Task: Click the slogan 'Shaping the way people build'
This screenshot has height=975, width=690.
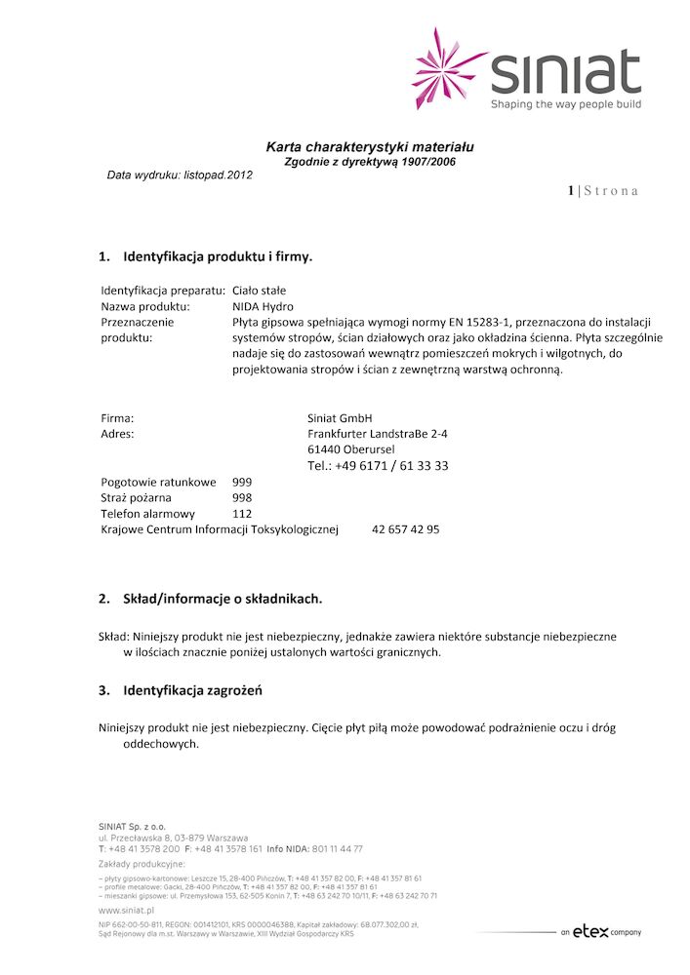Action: (x=566, y=103)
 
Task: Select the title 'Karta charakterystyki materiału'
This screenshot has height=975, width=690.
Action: (x=370, y=147)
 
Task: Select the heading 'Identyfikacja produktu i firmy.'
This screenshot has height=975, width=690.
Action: (x=217, y=258)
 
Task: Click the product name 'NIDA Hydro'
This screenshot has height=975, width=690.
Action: (x=264, y=306)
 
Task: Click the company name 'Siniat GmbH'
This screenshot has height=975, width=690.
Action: (x=340, y=417)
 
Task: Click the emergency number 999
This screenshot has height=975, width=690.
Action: (x=242, y=482)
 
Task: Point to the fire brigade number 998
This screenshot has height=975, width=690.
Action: (x=242, y=497)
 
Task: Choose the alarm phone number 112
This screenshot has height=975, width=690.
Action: (x=242, y=514)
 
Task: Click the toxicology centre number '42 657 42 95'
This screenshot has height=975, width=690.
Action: (x=405, y=529)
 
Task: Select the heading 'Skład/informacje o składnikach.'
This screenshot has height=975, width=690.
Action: (x=222, y=598)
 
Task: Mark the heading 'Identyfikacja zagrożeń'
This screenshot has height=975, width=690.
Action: (x=192, y=690)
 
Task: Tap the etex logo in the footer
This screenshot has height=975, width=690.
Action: (x=590, y=931)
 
